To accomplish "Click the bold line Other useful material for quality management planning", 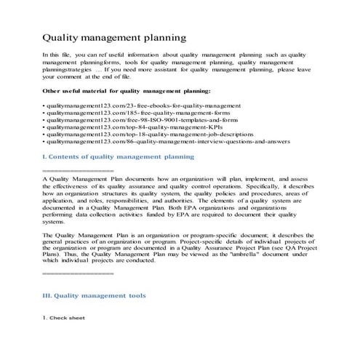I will (127, 92).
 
